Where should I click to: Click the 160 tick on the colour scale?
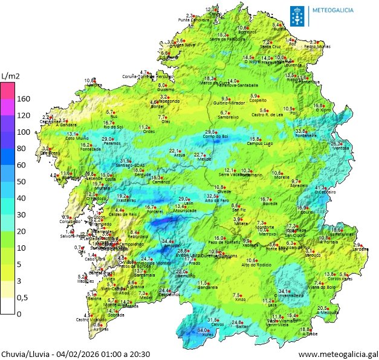(23, 98)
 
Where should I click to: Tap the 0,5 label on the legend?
(22, 297)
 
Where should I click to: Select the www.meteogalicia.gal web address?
(337, 354)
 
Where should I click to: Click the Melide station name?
(204, 159)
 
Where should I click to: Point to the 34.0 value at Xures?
(203, 330)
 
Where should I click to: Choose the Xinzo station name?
(240, 300)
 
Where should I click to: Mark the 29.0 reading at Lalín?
(183, 199)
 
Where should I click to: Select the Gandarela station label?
(208, 288)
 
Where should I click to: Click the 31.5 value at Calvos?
(213, 320)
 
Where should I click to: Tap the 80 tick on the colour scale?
(23, 148)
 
